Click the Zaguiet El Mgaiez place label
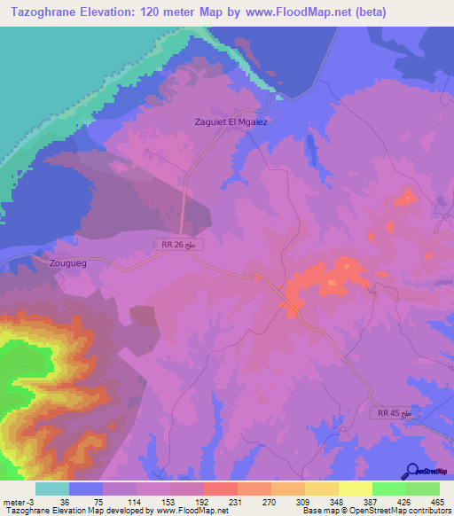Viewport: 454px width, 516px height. pyautogui.click(x=231, y=121)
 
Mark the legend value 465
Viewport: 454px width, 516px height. pyautogui.click(x=435, y=501)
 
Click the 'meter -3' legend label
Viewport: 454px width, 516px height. pyautogui.click(x=17, y=501)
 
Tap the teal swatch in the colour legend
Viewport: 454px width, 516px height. pyautogui.click(x=52, y=489)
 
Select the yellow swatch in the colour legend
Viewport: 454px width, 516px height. pyautogui.click(x=356, y=489)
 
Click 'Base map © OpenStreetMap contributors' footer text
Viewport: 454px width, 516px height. pyautogui.click(x=376, y=511)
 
